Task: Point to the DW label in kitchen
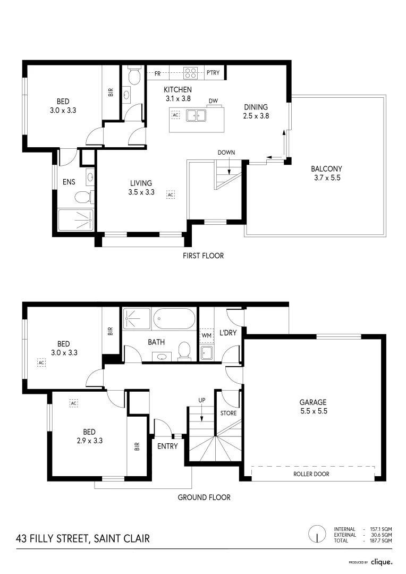click(213, 100)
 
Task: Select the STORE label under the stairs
click(228, 413)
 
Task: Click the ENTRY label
click(167, 446)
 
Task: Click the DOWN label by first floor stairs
click(226, 153)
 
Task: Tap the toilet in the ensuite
click(83, 198)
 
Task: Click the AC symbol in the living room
click(171, 195)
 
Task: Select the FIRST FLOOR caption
click(203, 256)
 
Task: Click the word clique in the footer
click(382, 561)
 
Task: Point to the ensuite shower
click(75, 220)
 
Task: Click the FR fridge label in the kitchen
click(158, 73)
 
